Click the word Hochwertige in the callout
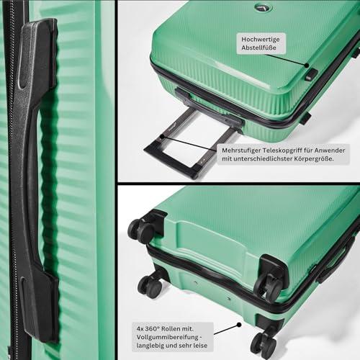click(x=261, y=40)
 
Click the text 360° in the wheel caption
click(x=152, y=328)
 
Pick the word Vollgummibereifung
click(x=168, y=337)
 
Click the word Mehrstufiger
click(x=241, y=150)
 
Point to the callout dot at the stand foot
click(x=307, y=65)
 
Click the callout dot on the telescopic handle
click(x=162, y=136)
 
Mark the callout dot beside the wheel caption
click(x=239, y=325)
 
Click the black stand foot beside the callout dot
click(x=311, y=74)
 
